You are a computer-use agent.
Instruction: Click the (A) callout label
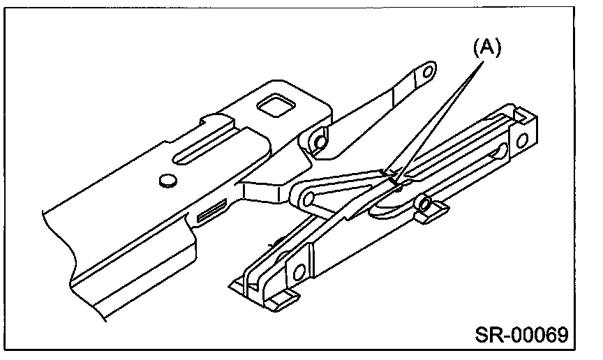point(488,47)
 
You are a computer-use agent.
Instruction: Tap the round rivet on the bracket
point(166,181)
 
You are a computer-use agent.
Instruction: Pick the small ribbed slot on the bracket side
point(211,210)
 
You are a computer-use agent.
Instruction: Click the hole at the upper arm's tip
point(426,70)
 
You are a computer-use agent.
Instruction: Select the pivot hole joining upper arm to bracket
point(319,140)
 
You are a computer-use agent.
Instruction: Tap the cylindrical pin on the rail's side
point(422,203)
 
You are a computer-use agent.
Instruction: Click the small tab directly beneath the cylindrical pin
point(429,216)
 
